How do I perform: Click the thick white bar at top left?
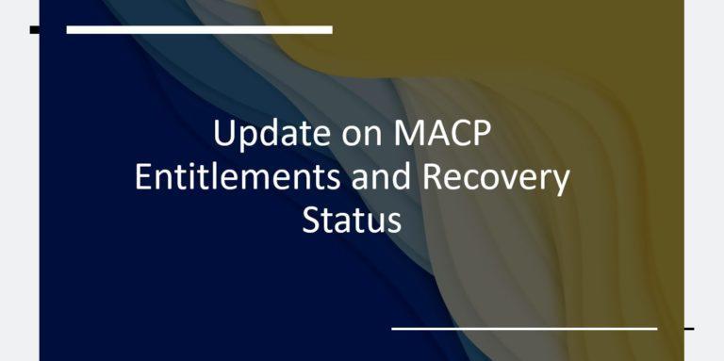(x=199, y=30)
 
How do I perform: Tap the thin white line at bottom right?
(x=523, y=328)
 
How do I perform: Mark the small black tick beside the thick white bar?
(x=35, y=30)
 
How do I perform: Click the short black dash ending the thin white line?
(x=688, y=328)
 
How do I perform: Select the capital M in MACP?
(x=404, y=133)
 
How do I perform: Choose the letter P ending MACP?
(x=481, y=133)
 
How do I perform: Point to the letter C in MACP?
(x=457, y=133)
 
